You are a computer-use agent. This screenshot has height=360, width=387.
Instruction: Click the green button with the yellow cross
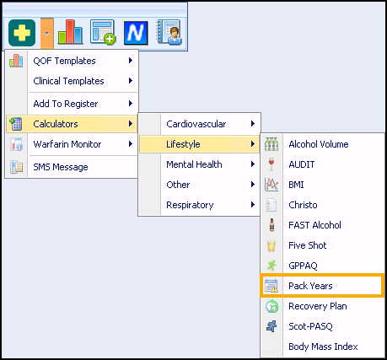(22, 33)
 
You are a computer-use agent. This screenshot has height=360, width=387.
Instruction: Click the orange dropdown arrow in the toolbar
(47, 34)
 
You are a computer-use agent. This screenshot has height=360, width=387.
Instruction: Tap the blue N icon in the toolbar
(136, 33)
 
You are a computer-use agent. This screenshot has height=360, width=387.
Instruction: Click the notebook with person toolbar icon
(169, 32)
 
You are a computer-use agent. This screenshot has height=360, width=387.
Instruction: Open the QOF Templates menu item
(64, 61)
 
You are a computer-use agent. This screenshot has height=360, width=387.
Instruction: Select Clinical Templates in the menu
(68, 81)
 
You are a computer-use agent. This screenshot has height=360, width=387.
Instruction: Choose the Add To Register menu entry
(66, 104)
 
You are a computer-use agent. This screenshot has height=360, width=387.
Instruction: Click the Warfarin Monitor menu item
(67, 144)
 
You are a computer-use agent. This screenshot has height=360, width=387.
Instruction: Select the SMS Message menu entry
(61, 167)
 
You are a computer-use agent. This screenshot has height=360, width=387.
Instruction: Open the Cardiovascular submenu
(196, 124)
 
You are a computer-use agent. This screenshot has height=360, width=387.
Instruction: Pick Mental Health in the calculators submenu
(194, 164)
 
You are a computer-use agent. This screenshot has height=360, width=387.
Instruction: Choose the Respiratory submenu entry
(190, 205)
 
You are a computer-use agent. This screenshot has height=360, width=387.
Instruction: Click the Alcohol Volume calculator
(319, 144)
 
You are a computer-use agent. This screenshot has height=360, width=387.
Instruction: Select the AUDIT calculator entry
(302, 164)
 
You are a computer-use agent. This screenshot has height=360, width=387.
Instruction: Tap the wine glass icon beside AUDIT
(271, 164)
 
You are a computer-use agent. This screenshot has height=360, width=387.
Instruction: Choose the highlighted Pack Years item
(310, 286)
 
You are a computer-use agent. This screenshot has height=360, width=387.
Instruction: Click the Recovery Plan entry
(318, 306)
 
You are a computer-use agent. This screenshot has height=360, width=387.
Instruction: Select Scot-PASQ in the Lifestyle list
(310, 326)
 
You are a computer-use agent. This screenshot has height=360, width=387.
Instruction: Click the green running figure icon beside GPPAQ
(271, 266)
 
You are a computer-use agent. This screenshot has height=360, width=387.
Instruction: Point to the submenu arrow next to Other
(253, 185)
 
